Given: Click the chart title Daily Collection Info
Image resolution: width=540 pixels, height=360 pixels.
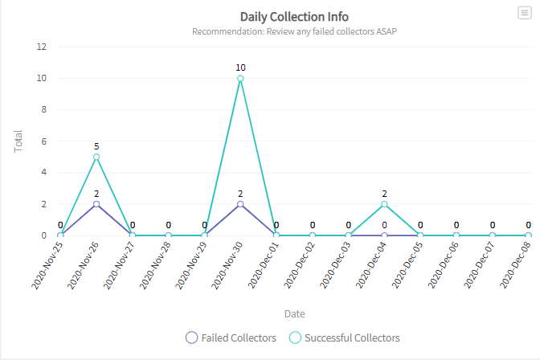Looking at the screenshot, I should (x=294, y=16).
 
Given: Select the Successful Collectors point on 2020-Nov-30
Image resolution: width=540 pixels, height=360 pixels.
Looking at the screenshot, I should (x=240, y=78).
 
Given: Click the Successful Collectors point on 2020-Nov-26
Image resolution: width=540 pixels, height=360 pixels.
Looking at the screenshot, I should (x=96, y=157).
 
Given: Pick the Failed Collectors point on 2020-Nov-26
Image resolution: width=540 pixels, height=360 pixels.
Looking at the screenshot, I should (x=96, y=204).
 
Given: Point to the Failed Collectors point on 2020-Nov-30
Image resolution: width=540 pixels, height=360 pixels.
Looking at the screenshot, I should (x=240, y=204).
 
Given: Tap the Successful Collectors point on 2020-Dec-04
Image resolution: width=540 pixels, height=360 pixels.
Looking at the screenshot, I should (x=384, y=204).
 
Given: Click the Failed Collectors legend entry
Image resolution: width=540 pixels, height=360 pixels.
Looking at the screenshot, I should (x=231, y=337).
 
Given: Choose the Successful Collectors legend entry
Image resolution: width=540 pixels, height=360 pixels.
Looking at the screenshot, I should (x=343, y=337).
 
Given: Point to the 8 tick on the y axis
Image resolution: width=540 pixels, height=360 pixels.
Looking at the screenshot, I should (x=43, y=109).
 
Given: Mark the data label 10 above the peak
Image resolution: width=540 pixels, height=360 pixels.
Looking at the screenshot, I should (x=240, y=67).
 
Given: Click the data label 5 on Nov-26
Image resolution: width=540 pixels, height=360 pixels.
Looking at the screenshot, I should (x=96, y=146).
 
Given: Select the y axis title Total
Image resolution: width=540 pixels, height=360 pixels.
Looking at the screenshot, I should (x=18, y=141).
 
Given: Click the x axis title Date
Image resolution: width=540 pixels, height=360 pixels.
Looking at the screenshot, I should (x=294, y=313).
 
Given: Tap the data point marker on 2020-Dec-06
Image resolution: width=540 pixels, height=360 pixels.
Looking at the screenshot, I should (x=456, y=235).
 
